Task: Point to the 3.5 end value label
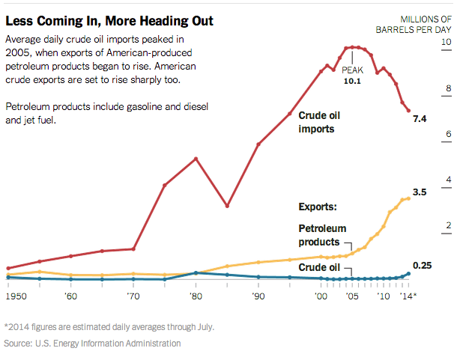pos(420,192)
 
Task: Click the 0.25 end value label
pos(423,266)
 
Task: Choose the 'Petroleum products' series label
pos(323,235)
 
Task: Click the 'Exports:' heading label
pos(318,206)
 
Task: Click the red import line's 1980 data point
pos(196,159)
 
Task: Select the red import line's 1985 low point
pos(227,206)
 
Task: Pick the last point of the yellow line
pos(408,198)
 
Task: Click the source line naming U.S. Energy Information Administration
pos(92,344)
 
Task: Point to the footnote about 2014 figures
pos(109,326)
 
